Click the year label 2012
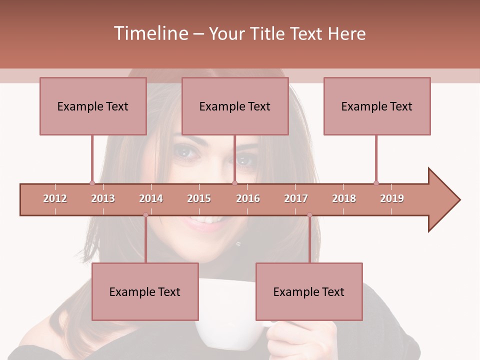pyautogui.click(x=55, y=198)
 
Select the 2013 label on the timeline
pyautogui.click(x=103, y=198)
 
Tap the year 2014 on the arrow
pyautogui.click(x=151, y=198)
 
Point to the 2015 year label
pyautogui.click(x=199, y=198)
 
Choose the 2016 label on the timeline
pyautogui.click(x=248, y=198)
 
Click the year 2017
pyautogui.click(x=296, y=198)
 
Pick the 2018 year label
pyautogui.click(x=344, y=198)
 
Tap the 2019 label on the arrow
pyautogui.click(x=392, y=198)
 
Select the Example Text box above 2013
pyautogui.click(x=93, y=106)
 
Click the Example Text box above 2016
pyautogui.click(x=235, y=106)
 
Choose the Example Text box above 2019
pyautogui.click(x=377, y=106)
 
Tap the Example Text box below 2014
pyautogui.click(x=145, y=291)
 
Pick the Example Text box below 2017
pyautogui.click(x=309, y=291)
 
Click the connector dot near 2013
pyautogui.click(x=92, y=183)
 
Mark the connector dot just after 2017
pyautogui.click(x=309, y=215)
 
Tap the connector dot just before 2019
pyautogui.click(x=376, y=183)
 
